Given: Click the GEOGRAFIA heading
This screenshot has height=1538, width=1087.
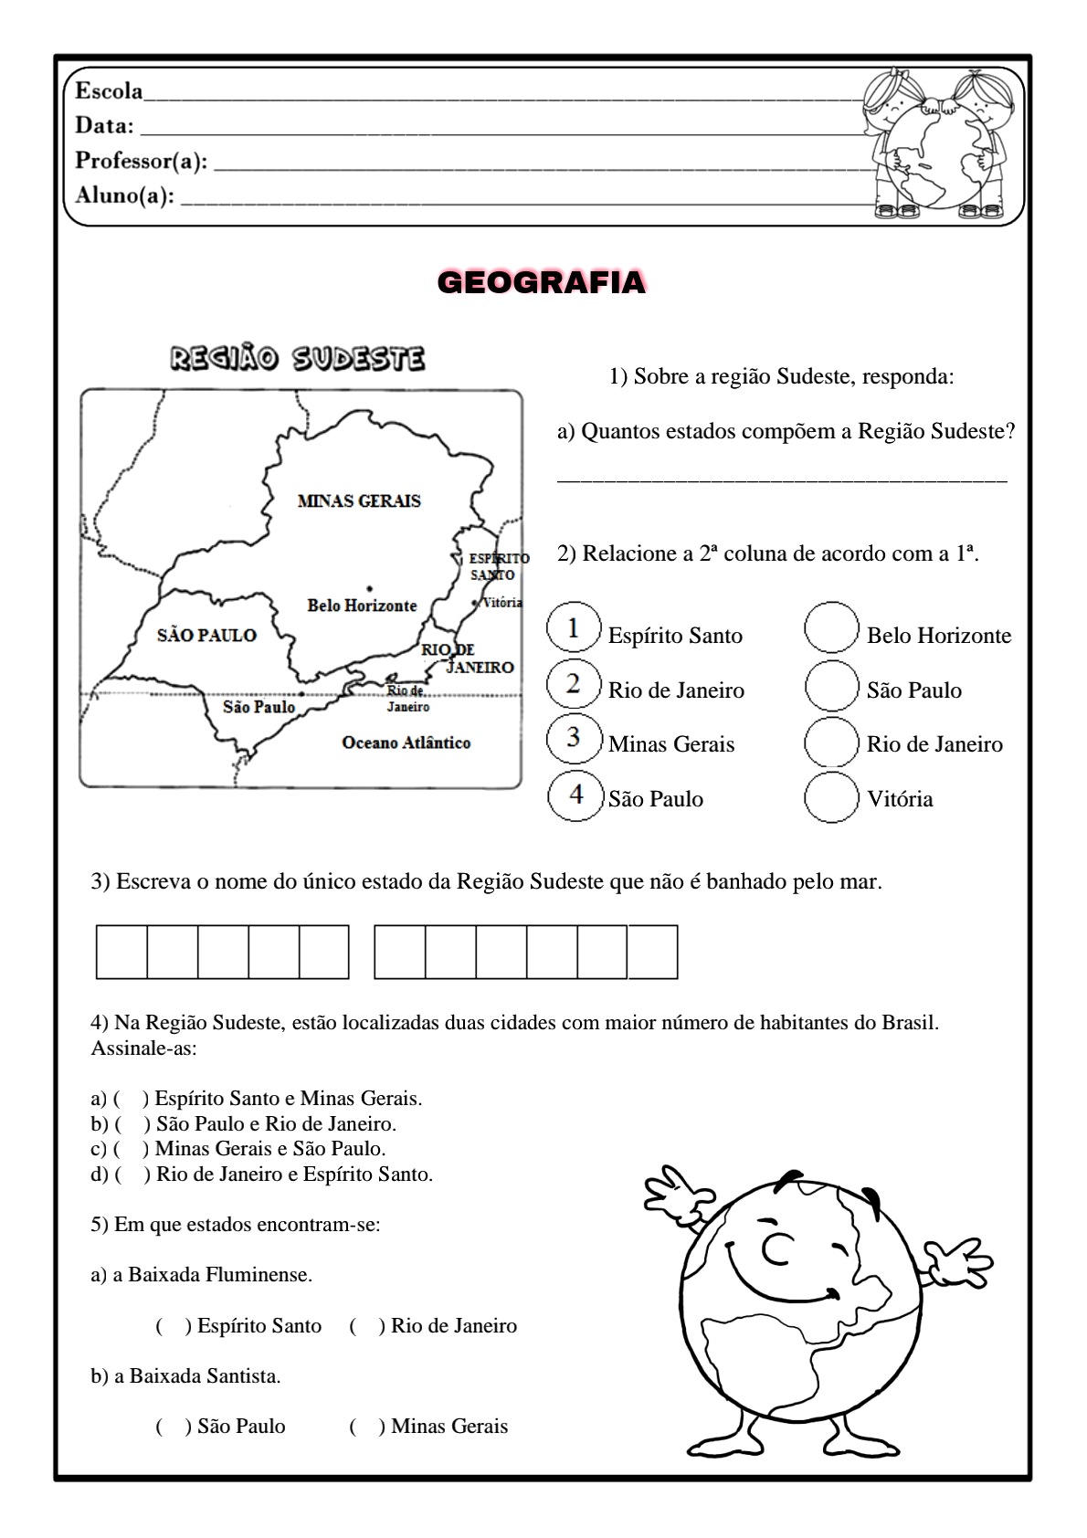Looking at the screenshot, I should click(x=542, y=283).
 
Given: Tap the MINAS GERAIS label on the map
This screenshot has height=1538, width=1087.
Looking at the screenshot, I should click(x=359, y=500).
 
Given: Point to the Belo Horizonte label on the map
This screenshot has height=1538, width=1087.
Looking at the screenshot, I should click(x=362, y=605).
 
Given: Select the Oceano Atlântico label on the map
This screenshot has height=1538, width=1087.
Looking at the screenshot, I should click(x=406, y=743).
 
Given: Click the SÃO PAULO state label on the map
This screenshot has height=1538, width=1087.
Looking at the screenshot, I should click(x=206, y=635).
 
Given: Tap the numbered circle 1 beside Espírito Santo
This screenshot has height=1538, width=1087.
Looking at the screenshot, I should click(x=574, y=627).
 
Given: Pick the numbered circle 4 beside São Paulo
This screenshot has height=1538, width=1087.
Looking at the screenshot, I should click(x=575, y=795).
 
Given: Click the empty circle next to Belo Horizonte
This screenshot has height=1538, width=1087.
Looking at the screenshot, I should click(x=831, y=627).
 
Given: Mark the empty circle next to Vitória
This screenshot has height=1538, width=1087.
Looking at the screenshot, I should click(x=831, y=797).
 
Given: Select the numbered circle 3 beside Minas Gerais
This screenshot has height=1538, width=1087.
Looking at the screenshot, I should click(x=575, y=738).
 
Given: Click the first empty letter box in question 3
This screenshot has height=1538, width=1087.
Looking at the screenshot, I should click(x=121, y=952).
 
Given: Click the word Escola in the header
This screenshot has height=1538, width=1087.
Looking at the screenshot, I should click(x=109, y=90).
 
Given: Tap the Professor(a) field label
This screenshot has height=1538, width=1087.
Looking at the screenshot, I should click(x=141, y=161).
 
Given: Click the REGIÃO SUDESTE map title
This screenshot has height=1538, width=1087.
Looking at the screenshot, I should click(x=298, y=358).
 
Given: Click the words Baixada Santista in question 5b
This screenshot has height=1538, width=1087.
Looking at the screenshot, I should click(x=205, y=1375).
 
